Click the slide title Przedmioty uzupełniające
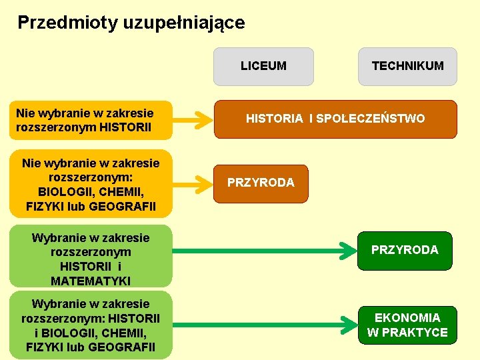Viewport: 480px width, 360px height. pos(131,23)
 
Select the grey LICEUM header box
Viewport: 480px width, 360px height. pos(263,66)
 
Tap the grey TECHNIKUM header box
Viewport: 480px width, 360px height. pos(407,66)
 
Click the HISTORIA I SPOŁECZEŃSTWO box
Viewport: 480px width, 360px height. pos(335,119)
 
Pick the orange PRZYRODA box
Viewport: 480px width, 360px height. pos(261,183)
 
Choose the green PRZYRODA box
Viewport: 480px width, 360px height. pos(405,250)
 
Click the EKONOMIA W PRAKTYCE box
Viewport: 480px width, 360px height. pos(407,325)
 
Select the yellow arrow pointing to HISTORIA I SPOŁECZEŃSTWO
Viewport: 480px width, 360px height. pos(192,120)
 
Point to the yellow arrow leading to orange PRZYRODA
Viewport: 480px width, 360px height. pos(192,183)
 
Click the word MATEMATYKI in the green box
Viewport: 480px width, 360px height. pos(91,281)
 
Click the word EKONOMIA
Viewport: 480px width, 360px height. pos(407,317)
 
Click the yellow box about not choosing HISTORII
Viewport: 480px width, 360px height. pos(91,120)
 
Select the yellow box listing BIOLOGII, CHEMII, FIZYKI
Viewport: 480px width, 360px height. pos(91,183)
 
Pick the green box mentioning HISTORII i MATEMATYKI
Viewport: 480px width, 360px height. pos(91,256)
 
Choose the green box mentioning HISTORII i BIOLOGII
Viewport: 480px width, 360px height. pos(91,325)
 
